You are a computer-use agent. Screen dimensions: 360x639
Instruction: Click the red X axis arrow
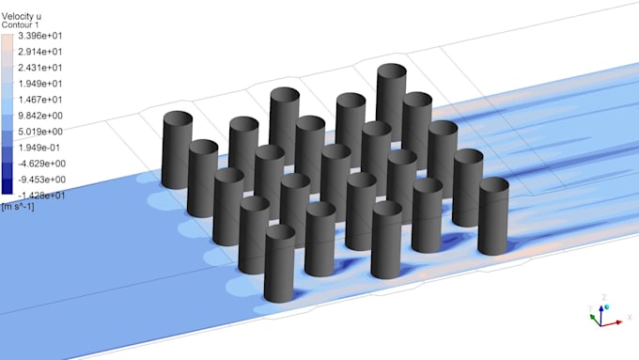tap(613, 322)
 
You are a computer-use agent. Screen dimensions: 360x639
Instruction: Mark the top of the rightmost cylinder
tap(493, 184)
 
